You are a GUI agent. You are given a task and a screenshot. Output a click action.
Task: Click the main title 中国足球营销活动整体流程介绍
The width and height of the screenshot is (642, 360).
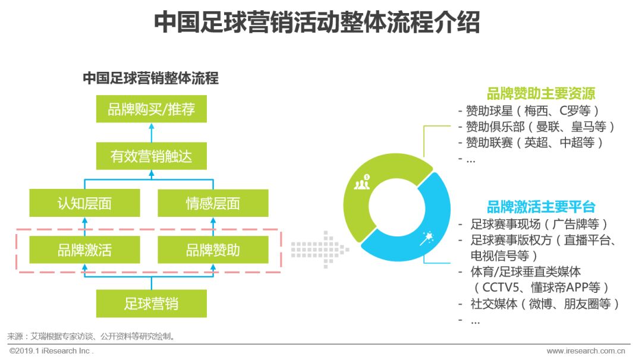(x=316, y=23)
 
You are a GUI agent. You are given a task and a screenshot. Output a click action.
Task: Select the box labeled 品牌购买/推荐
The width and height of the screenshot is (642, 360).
(x=151, y=109)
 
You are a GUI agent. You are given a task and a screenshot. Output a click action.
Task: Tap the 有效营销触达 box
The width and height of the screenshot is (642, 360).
(x=151, y=157)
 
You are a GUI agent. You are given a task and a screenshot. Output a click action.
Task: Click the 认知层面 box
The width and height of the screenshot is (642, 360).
(x=84, y=203)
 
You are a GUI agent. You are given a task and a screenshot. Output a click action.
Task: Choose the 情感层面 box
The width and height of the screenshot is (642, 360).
(x=213, y=203)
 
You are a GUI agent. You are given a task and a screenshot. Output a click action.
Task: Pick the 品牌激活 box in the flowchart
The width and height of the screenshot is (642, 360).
(x=84, y=250)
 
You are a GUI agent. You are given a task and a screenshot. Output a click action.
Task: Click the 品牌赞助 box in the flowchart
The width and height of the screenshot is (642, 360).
(x=213, y=250)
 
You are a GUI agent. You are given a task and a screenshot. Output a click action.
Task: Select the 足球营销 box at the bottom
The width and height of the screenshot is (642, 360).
(x=151, y=304)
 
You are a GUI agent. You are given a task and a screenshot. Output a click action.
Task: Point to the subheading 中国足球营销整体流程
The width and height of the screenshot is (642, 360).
(x=150, y=78)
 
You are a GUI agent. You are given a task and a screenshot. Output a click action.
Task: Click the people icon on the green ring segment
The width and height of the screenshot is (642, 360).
(x=362, y=182)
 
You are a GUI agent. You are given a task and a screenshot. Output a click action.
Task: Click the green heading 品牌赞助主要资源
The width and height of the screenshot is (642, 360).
(x=540, y=94)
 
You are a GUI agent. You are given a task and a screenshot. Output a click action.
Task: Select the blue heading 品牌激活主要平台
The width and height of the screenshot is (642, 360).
(x=540, y=207)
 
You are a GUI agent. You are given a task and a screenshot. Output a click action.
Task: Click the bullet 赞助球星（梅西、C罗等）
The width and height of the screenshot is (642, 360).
(x=532, y=110)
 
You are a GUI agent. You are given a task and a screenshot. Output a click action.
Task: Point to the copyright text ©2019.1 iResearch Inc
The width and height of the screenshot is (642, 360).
(x=52, y=351)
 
